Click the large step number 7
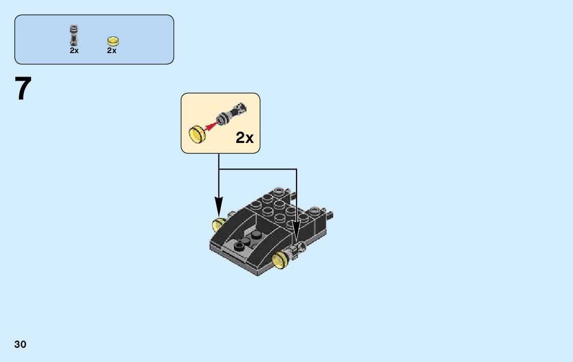23,89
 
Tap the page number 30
20,344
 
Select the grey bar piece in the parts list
74,35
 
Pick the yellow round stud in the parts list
113,41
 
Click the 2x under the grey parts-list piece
74,51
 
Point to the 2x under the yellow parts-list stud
112,51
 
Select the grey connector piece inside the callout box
233,113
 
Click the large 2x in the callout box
244,137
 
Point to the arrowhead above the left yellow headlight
219,210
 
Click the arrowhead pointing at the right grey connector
296,233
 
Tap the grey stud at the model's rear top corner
278,191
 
